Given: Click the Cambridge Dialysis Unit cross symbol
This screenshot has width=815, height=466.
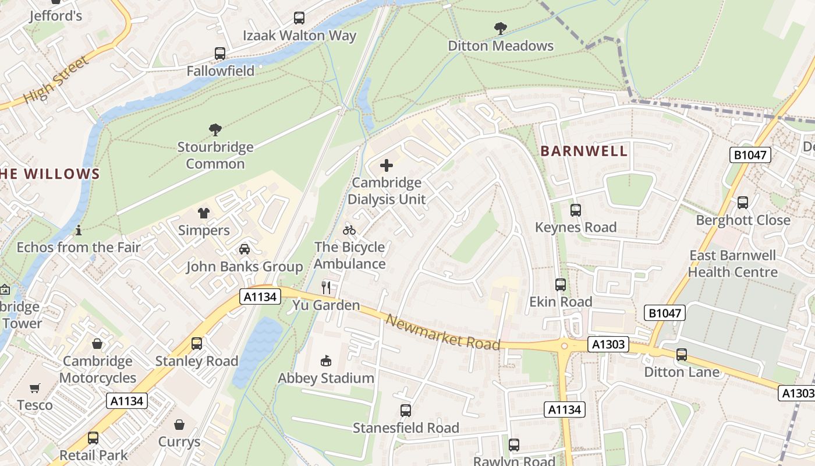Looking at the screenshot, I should click(x=386, y=165).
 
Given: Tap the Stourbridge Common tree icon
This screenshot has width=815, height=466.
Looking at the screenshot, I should click(x=215, y=129).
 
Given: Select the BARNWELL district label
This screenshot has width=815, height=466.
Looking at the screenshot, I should click(x=584, y=151).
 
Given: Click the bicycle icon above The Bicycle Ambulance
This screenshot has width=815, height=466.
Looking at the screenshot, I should click(x=349, y=230).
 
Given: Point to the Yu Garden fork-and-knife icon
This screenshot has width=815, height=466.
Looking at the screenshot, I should click(x=326, y=287).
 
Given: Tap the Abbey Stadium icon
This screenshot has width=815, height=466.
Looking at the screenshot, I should click(x=326, y=361).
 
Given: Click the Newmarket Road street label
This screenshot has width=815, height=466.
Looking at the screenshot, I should click(x=442, y=333).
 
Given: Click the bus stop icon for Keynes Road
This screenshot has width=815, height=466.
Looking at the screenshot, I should click(x=575, y=210).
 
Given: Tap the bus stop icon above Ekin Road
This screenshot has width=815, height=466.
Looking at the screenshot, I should click(x=560, y=285).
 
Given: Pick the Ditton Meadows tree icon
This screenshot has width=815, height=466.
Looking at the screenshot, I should click(x=500, y=28).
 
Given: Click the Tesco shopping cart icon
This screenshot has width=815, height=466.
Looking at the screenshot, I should click(x=35, y=388).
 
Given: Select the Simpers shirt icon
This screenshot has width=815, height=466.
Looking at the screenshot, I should click(x=203, y=213).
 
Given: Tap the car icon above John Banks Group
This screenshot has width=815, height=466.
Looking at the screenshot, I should click(x=245, y=249).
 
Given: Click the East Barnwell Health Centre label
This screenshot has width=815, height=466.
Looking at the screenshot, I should click(x=732, y=264).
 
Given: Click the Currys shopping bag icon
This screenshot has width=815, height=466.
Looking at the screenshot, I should click(x=179, y=425).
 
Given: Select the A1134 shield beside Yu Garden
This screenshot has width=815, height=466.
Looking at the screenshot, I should click(x=260, y=297).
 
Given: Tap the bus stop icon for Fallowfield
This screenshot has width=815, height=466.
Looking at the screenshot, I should click(x=220, y=54).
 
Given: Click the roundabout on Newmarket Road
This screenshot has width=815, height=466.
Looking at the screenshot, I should click(x=564, y=346).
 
